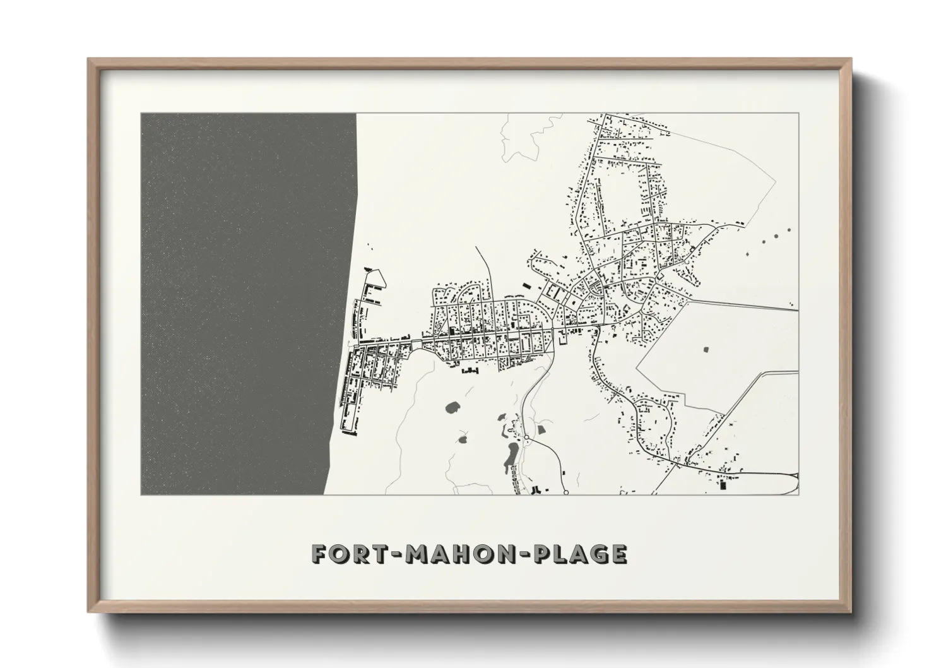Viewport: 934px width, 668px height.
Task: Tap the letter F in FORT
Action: click(x=321, y=554)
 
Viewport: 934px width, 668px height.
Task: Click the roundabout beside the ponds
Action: click(x=526, y=437)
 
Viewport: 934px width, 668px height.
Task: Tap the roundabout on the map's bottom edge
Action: click(x=566, y=492)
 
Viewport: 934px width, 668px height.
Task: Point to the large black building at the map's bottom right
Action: click(x=723, y=486)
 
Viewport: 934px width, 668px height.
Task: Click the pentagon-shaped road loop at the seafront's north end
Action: click(x=375, y=278)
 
